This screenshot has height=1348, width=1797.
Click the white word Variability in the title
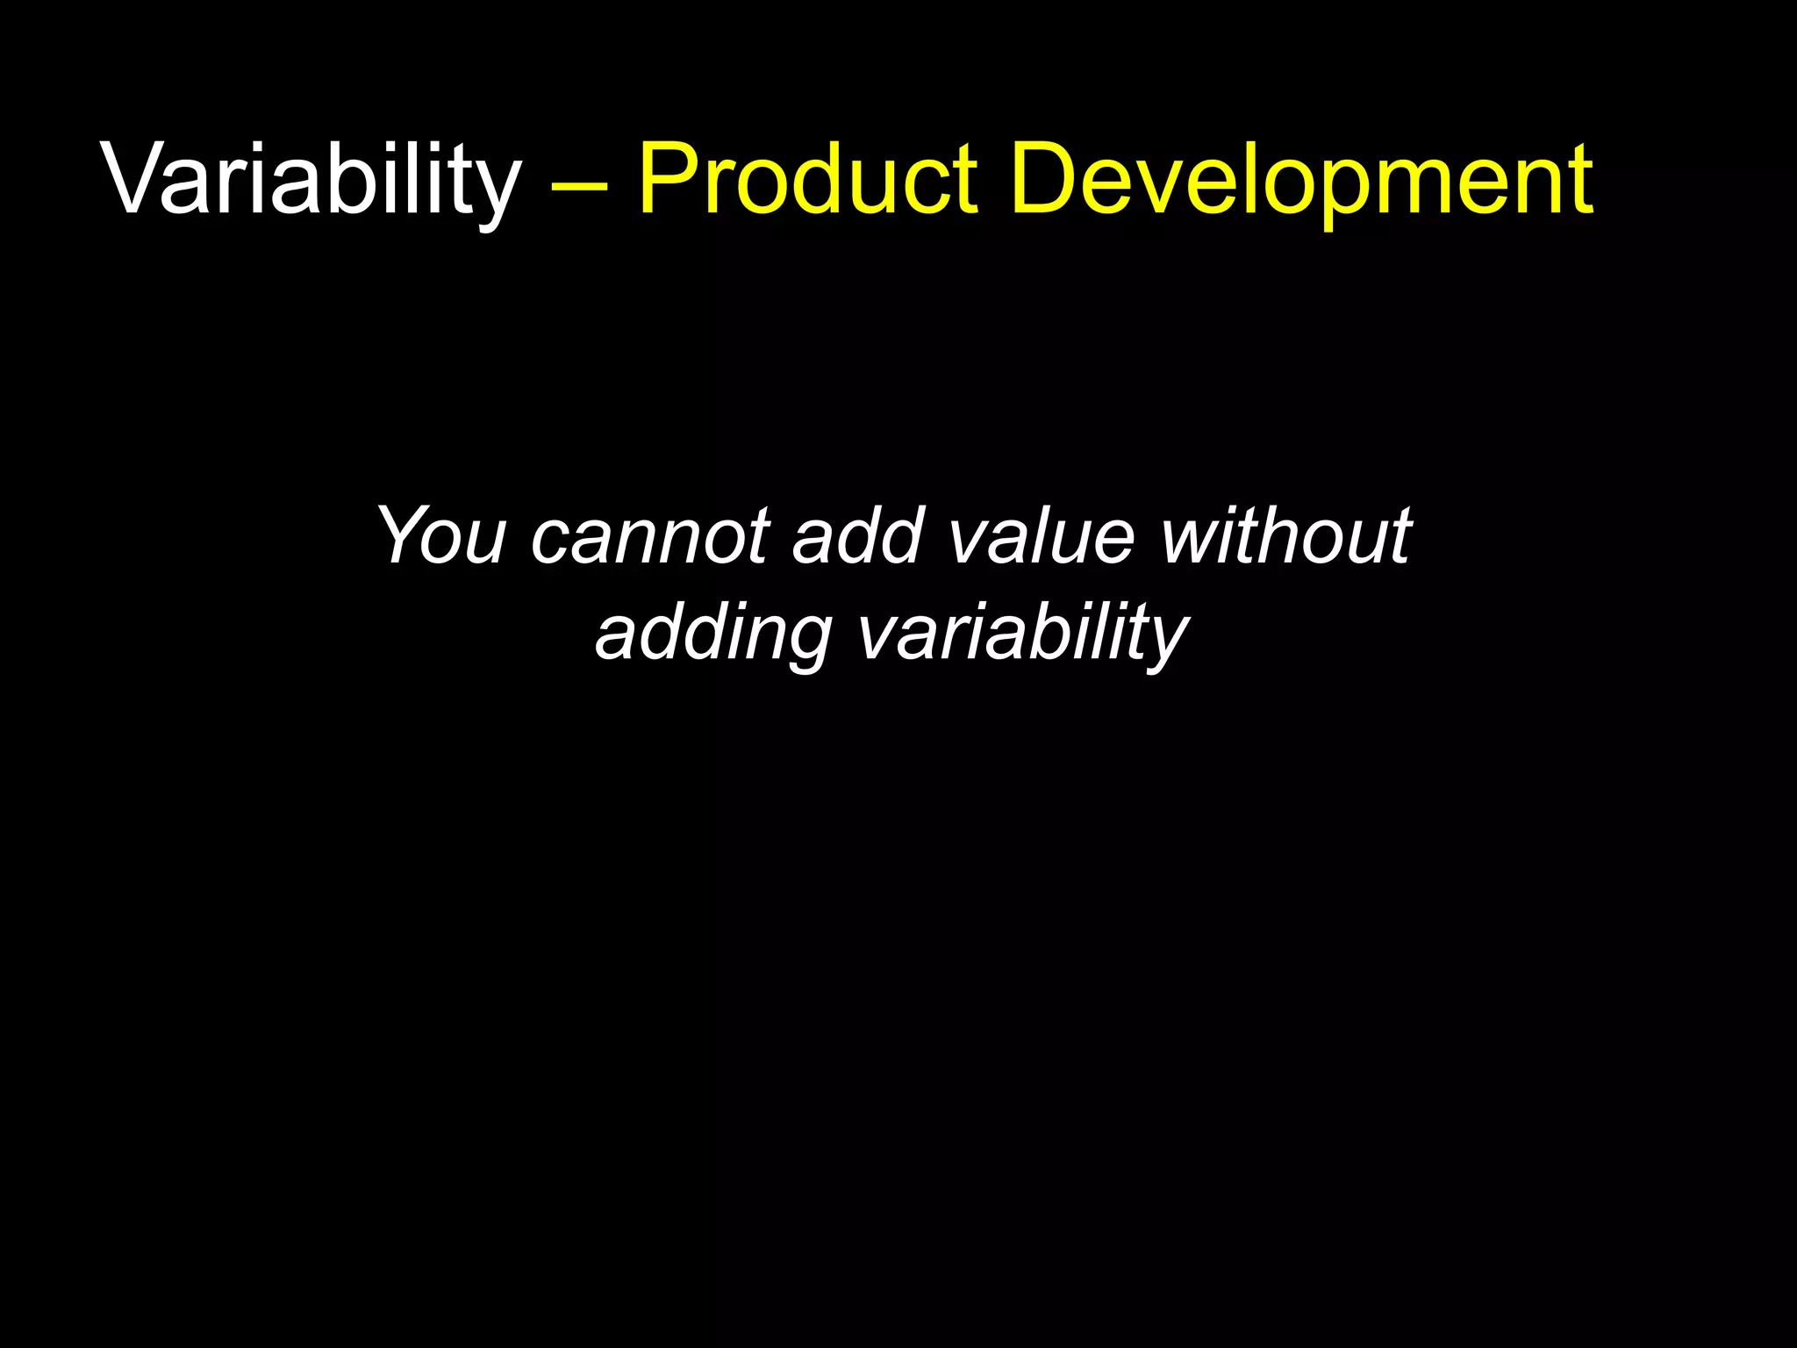tap(311, 180)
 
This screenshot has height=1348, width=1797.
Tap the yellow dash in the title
tap(579, 186)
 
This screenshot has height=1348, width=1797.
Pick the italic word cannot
tap(649, 535)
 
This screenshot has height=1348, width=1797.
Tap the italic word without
tap(1285, 535)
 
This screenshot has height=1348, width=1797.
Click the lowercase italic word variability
tap(1023, 634)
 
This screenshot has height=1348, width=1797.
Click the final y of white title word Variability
tap(498, 193)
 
